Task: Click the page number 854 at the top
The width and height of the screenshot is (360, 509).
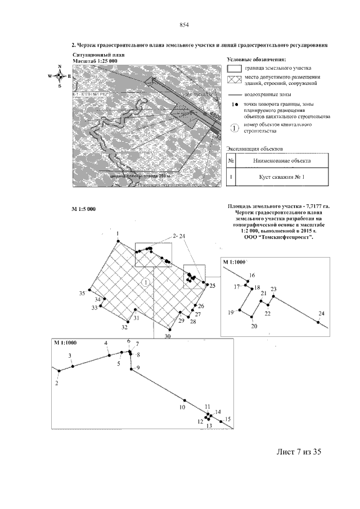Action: click(183, 24)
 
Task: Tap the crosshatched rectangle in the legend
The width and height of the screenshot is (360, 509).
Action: click(233, 79)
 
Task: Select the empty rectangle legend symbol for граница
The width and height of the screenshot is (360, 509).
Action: click(233, 67)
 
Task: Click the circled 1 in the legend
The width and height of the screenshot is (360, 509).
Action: click(235, 128)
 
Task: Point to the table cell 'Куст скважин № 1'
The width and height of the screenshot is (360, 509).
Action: click(274, 178)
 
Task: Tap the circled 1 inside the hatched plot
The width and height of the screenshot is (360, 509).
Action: click(146, 282)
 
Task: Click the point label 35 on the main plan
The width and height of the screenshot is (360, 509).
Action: click(82, 293)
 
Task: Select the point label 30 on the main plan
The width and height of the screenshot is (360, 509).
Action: click(167, 336)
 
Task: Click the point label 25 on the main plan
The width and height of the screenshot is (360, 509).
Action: click(213, 286)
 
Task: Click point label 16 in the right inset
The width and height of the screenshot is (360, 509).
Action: click(252, 275)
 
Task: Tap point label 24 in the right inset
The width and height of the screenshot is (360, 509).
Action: click(321, 313)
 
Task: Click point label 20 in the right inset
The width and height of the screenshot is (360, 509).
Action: click(254, 326)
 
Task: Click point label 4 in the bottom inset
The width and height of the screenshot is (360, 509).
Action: click(106, 343)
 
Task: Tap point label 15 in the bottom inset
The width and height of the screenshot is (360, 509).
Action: click(228, 419)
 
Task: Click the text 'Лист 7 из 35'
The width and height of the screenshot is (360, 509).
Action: click(298, 451)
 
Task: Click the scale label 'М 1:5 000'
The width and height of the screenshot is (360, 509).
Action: click(84, 209)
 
